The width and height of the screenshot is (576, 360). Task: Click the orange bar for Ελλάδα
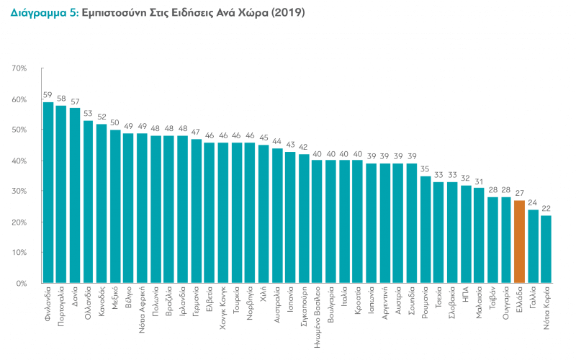[519, 241]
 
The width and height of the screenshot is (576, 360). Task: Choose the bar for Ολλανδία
[89, 202]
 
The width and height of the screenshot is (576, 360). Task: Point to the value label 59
[48, 95]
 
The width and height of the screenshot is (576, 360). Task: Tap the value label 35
[425, 169]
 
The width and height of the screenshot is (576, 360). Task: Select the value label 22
[546, 209]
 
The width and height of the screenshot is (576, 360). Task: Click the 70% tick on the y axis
[19, 68]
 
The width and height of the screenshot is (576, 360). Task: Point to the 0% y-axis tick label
[22, 283]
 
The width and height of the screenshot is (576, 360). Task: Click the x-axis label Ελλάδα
[520, 300]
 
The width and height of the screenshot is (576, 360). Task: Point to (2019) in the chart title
[287, 13]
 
